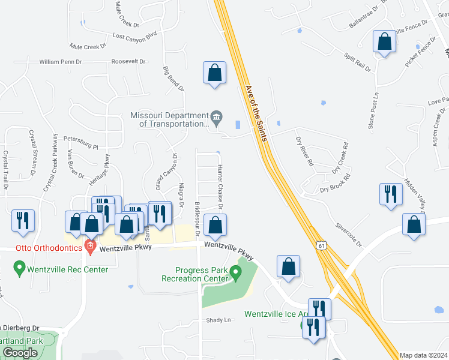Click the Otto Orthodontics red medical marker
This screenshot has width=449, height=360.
[x=90, y=246]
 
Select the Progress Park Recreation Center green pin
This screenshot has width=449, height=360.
[x=236, y=274]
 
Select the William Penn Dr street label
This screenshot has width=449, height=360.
[x=60, y=62]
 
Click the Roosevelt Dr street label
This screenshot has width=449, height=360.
[x=129, y=61]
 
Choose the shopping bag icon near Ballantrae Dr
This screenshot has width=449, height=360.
[x=384, y=43]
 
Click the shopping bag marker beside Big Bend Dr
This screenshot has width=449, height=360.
[x=214, y=73]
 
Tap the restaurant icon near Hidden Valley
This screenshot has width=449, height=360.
[x=391, y=194]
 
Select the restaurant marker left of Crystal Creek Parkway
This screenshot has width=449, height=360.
[x=23, y=221]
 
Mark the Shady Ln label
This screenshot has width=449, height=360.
[x=218, y=320]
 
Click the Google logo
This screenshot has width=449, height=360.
[x=20, y=353]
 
